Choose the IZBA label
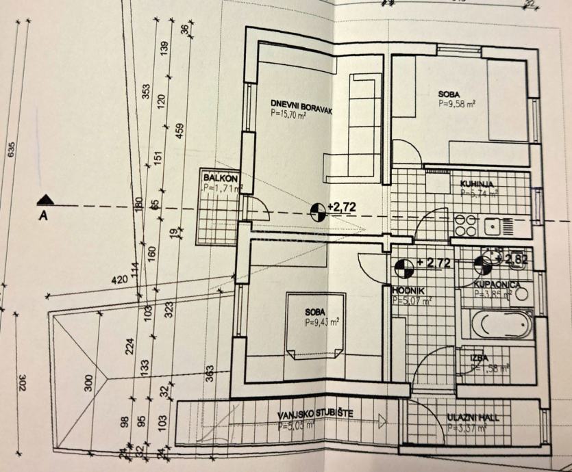click(479, 358)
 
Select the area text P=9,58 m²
click(457, 104)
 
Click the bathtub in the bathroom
click(498, 324)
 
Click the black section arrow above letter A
click(47, 200)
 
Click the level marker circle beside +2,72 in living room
click(318, 211)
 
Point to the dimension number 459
click(179, 130)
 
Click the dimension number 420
click(121, 280)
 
